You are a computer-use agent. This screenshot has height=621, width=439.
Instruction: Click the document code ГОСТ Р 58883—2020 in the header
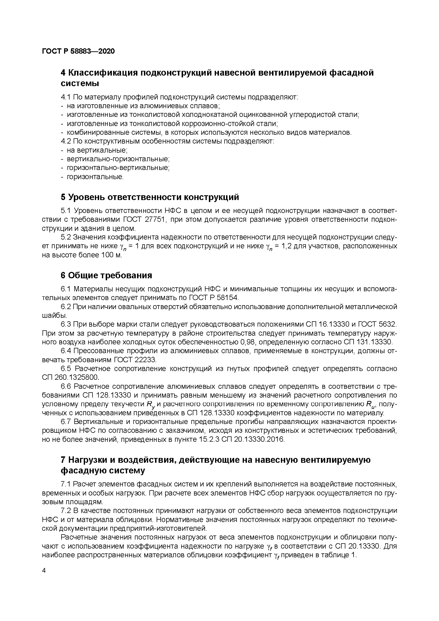[x=78, y=51]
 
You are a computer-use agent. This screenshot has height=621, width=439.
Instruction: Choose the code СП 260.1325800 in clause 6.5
[x=71, y=377]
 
